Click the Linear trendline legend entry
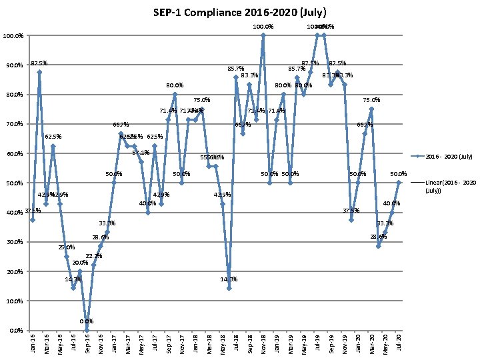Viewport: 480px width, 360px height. coord(450,186)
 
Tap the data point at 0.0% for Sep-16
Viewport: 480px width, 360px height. coord(87,330)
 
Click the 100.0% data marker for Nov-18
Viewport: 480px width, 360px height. coord(263,35)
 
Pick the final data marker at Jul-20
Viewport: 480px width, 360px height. coord(399,182)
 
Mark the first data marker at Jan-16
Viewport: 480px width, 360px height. coord(33,219)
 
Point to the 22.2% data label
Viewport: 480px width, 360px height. coord(94,256)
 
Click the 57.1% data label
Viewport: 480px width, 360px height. coord(140,153)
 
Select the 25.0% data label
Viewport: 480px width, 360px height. coord(67,247)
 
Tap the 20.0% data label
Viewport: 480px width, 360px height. coord(80,263)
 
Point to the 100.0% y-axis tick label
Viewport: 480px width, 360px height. coord(13,35)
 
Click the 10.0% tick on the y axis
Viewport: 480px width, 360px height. coord(15,301)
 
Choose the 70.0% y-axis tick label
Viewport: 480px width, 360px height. coord(15,124)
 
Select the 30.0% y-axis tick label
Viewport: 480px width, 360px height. coord(15,242)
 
